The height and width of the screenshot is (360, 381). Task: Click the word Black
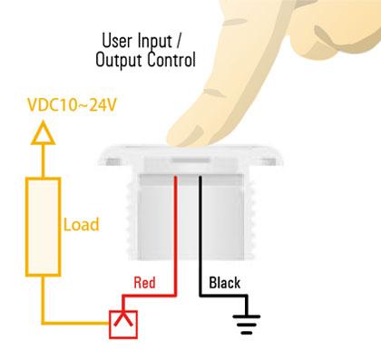[x=224, y=284]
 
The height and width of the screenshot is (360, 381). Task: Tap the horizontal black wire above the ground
[x=223, y=297]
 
